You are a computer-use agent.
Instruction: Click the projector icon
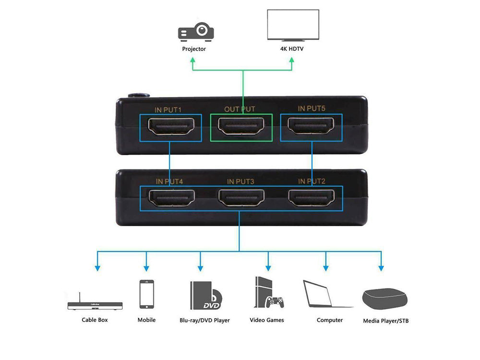tap(195, 32)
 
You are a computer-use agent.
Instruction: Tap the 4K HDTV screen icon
tap(292, 26)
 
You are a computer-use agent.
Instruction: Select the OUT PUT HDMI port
tap(241, 127)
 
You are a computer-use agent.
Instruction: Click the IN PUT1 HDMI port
tap(170, 127)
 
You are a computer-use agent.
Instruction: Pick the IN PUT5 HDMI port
tap(312, 127)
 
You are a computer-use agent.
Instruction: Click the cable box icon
tap(95, 305)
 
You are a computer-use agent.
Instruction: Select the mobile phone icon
tap(147, 294)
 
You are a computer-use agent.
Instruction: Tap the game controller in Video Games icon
tap(275, 303)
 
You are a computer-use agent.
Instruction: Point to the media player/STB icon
tap(385, 299)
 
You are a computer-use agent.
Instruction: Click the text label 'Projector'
tap(194, 49)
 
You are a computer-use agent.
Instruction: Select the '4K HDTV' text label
tap(292, 49)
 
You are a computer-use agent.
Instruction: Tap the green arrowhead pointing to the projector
tap(192, 60)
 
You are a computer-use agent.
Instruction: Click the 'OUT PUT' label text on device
tap(240, 109)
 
